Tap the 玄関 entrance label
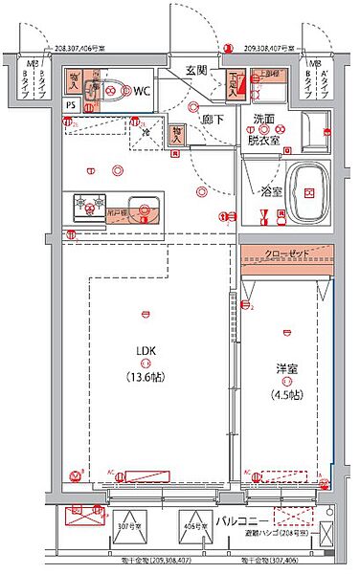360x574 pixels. (197, 70)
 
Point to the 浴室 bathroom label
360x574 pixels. (272, 190)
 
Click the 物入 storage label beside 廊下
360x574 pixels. (177, 135)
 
